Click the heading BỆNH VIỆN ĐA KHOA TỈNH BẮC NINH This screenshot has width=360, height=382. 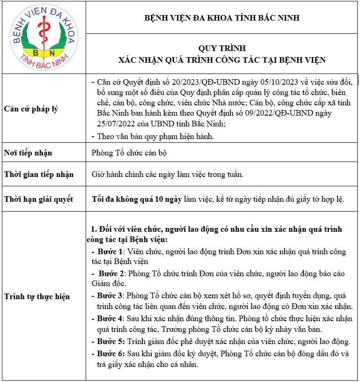tap(222, 18)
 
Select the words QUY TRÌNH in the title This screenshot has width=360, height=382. tap(222, 49)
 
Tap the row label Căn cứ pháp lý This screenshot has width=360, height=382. tap(31, 109)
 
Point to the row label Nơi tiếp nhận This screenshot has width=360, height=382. tap(28, 153)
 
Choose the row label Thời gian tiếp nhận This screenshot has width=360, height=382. tap(39, 175)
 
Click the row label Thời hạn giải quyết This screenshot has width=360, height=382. tap(38, 199)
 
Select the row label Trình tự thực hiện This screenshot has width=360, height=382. tap(37, 296)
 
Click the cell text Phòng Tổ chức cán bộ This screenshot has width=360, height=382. tap(130, 153)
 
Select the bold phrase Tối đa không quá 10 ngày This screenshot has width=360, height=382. tap(137, 199)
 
